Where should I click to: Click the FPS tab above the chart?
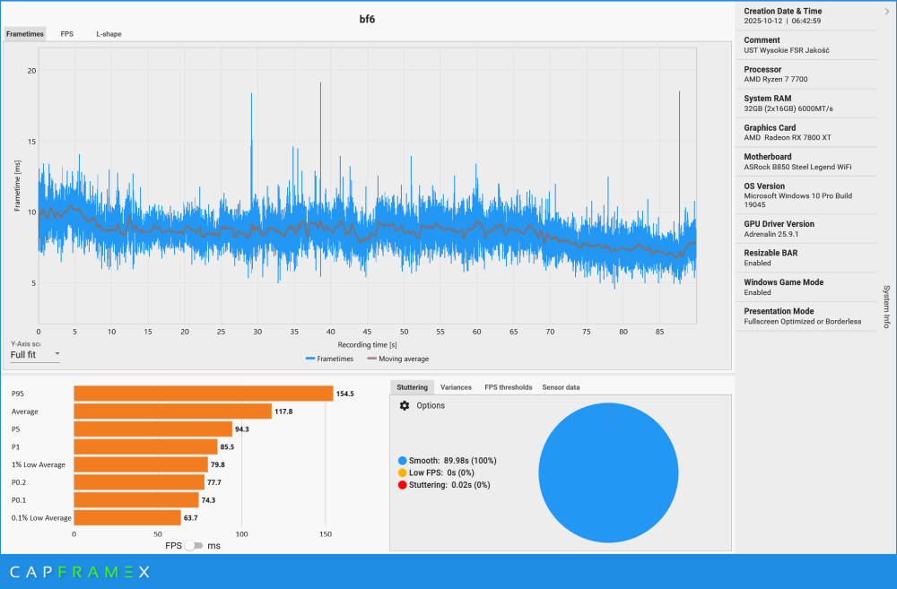tap(67, 34)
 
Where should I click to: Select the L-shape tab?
tap(109, 34)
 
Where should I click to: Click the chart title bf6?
tap(367, 18)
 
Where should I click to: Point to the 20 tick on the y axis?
tap(31, 71)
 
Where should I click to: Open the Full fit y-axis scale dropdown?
tap(35, 354)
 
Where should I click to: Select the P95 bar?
tap(203, 394)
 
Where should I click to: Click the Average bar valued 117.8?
tap(172, 411)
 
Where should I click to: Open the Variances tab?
tap(456, 387)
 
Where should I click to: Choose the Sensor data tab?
tap(561, 387)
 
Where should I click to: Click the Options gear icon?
tap(405, 406)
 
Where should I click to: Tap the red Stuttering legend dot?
tap(403, 485)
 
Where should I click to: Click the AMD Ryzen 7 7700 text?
tap(778, 79)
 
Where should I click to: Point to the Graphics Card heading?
tap(770, 127)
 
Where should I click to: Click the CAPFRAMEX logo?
tap(81, 571)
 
